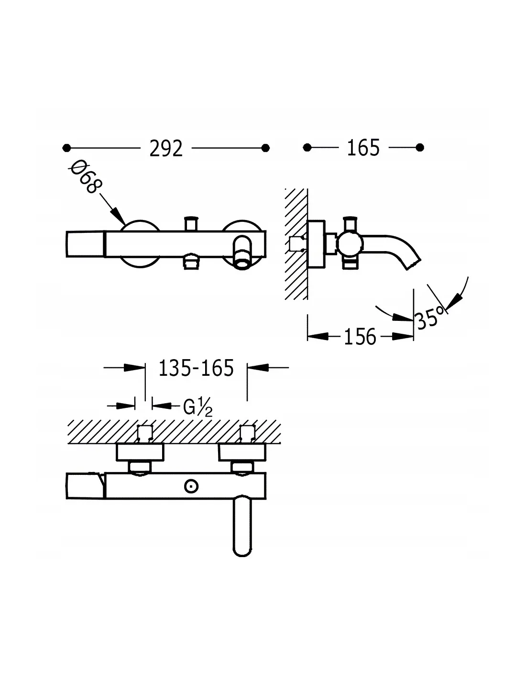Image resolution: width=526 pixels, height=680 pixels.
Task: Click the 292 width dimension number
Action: (x=166, y=148)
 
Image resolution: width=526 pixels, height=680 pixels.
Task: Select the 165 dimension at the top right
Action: (x=363, y=147)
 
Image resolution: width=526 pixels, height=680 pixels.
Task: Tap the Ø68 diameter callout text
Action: (x=85, y=177)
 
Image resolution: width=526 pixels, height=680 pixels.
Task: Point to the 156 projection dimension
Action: (x=360, y=337)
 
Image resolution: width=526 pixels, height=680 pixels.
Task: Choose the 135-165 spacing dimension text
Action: (x=196, y=368)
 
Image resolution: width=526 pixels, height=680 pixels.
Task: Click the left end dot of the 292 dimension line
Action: (x=66, y=148)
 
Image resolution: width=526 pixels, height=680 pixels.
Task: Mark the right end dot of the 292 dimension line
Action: (x=265, y=148)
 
